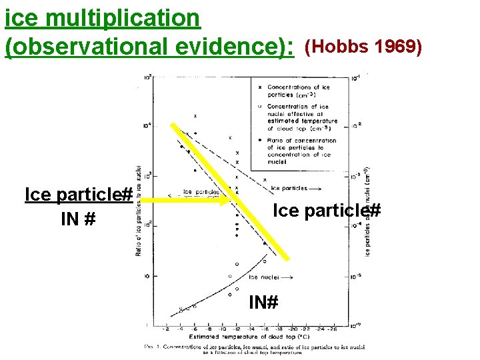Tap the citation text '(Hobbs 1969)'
363,48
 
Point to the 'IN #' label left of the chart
77,218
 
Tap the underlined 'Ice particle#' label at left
78,195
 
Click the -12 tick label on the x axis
236,329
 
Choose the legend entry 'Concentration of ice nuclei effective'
302,117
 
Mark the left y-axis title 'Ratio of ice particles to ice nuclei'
139,210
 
